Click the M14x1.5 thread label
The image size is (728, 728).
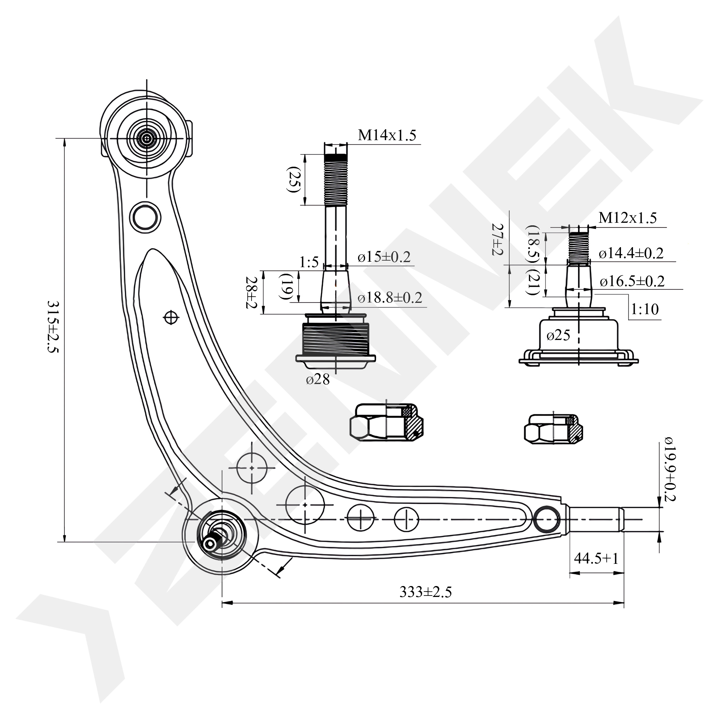(x=387, y=135)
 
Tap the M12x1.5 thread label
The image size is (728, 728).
(x=628, y=218)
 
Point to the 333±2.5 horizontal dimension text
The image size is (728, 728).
(x=426, y=592)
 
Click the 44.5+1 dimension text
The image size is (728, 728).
(x=596, y=558)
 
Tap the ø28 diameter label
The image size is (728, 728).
(x=318, y=379)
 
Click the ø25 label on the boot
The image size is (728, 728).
(x=558, y=335)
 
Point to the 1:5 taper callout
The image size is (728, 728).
(x=309, y=262)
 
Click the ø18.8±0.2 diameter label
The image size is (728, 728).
(x=390, y=298)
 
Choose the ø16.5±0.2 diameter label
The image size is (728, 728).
(x=632, y=281)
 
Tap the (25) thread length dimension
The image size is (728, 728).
(x=293, y=180)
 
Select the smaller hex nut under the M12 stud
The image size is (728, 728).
(x=553, y=429)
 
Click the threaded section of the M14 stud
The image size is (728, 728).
(x=336, y=181)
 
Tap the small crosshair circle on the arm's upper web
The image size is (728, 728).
(x=171, y=318)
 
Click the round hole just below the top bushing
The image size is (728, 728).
(x=145, y=217)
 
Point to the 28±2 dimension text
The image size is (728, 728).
(x=251, y=292)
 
